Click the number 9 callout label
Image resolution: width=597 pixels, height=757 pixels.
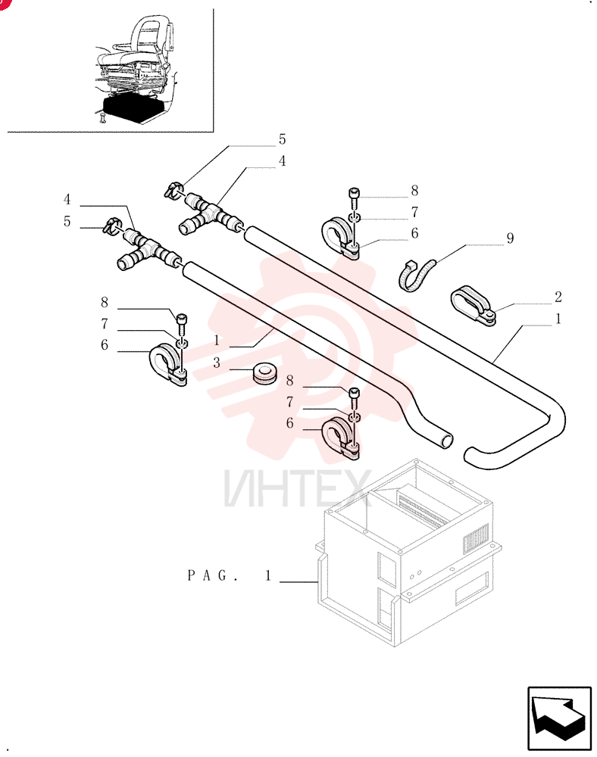pos(510,238)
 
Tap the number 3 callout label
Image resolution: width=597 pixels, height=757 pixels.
pos(217,363)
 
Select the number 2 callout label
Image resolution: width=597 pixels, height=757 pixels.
pos(558,297)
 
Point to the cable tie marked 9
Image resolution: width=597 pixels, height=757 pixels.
pos(417,276)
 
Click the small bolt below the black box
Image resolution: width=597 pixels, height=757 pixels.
pos(102,117)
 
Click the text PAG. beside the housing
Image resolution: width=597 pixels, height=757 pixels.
pos(213,575)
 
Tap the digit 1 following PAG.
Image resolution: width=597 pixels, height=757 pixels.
pos(268,575)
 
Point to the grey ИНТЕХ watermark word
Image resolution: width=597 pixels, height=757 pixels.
pos(298,488)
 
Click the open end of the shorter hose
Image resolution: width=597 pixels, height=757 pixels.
pos(448,441)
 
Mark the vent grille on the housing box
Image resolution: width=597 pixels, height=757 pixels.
pos(477,537)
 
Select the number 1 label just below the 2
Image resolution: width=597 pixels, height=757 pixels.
pos(558,319)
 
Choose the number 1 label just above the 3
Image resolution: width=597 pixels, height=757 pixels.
pos(217,341)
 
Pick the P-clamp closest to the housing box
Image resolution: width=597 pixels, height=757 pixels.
pos(339,438)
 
